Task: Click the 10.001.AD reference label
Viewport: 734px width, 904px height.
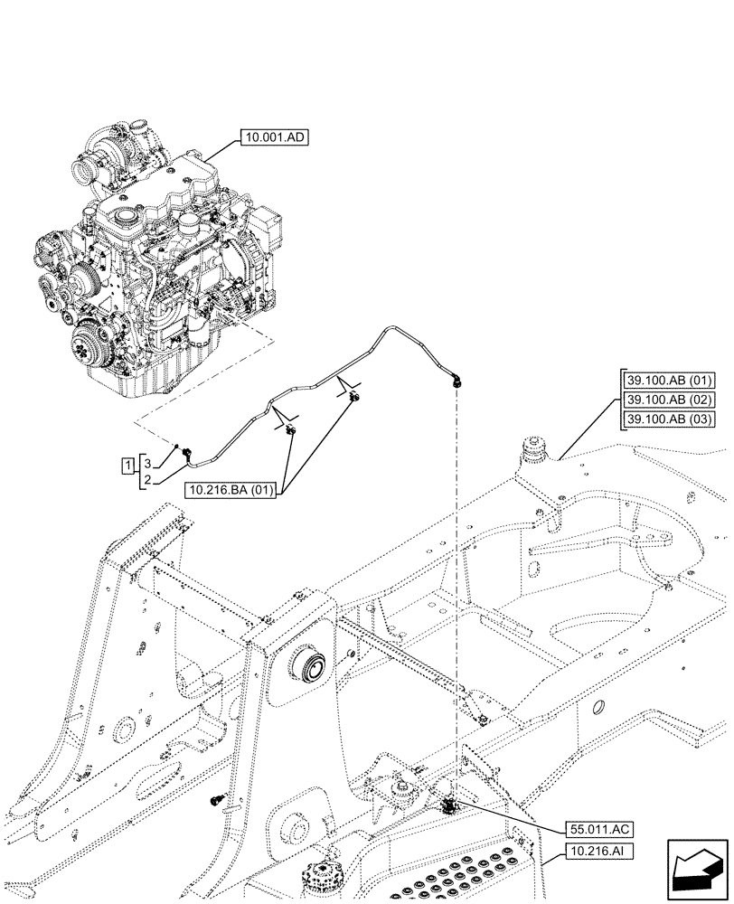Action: [275, 138]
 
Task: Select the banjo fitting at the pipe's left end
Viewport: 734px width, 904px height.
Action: [186, 452]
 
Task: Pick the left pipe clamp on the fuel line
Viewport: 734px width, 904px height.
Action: [290, 430]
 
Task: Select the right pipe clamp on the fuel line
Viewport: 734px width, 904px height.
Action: [354, 397]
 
